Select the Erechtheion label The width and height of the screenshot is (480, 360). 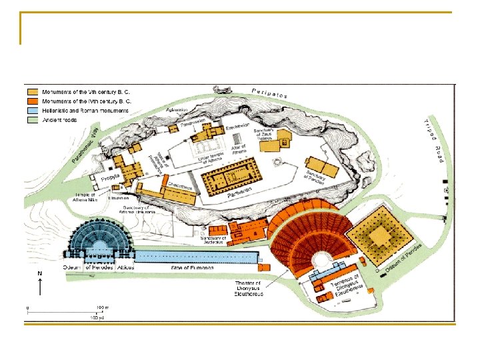(237, 125)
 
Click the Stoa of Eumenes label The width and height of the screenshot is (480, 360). (193, 267)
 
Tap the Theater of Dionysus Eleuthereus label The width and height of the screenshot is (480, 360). (250, 289)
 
